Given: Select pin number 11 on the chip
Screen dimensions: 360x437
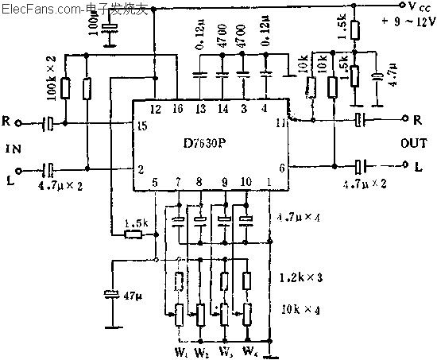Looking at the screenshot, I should pos(280,123).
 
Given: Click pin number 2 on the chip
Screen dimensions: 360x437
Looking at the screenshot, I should pos(141,169).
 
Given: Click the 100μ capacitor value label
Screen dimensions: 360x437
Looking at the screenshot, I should pos(94,29).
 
